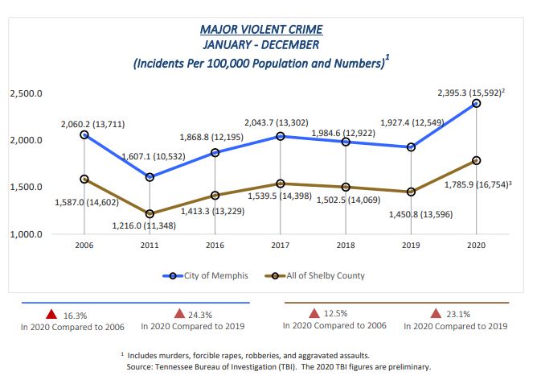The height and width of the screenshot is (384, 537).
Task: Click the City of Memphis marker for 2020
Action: pos(477,104)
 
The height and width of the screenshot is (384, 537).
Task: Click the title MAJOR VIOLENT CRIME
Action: pos(261,30)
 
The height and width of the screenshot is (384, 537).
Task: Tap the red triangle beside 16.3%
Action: pos(51,314)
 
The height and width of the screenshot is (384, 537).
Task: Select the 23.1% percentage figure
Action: pos(459,314)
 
